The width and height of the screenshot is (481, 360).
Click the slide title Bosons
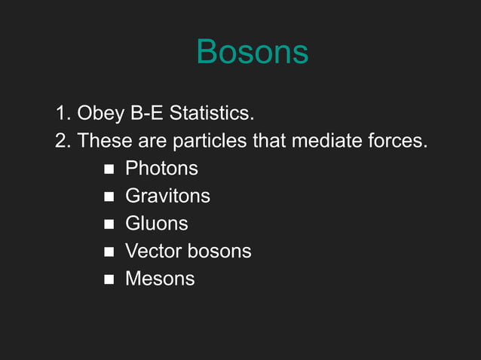point(252,52)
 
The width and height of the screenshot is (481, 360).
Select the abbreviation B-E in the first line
point(146,114)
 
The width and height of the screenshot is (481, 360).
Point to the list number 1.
point(62,114)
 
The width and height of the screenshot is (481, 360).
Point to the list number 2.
point(62,141)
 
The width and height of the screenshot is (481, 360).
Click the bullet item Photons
point(161,169)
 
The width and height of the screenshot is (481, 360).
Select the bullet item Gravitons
point(167,197)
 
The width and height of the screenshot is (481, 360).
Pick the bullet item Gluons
point(156,224)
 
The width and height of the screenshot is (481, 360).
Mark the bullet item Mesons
point(159,279)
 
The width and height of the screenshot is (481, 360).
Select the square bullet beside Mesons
point(109,279)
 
